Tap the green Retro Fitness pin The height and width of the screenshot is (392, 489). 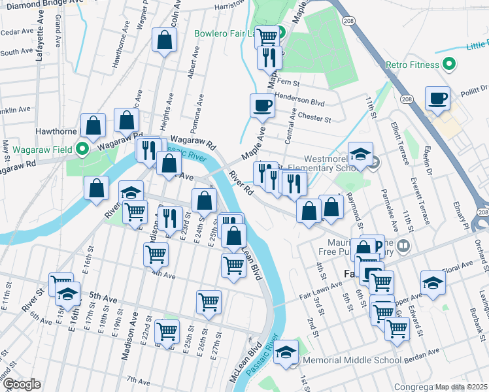coord(448,65)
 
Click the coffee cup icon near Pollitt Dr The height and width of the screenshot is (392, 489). coord(437,99)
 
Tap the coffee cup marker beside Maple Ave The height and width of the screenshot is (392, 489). coord(262,106)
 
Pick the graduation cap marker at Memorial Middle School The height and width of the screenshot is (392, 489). coord(286,352)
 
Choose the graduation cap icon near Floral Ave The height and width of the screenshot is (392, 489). coord(433,283)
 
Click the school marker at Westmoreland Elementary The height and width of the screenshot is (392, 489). coord(360,155)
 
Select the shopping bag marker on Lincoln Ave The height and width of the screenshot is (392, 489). coord(164,41)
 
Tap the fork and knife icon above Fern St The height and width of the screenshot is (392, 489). coord(269,58)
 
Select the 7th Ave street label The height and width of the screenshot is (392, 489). coord(138,380)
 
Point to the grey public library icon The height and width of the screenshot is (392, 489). coord(404,246)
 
